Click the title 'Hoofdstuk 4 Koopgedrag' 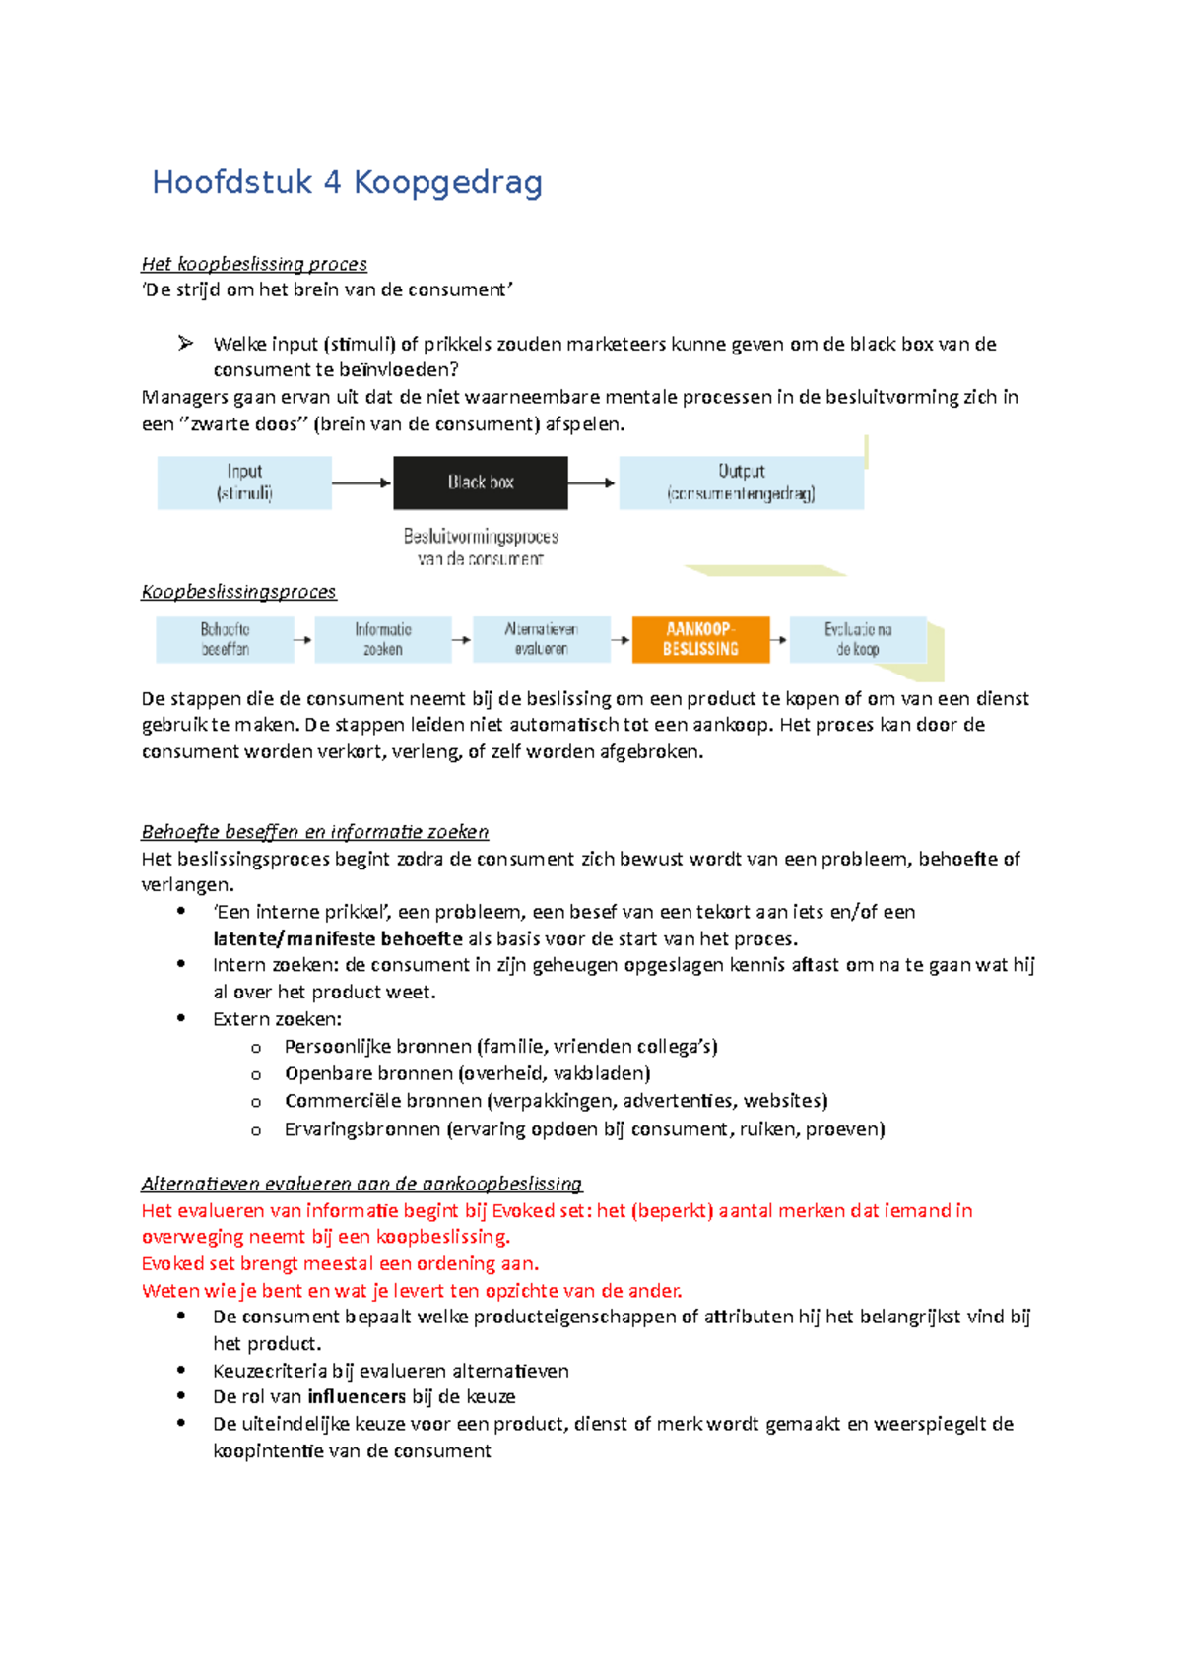click(347, 183)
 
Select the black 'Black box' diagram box click(481, 482)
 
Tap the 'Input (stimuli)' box click(244, 482)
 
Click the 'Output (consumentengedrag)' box click(741, 482)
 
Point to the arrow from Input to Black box click(361, 482)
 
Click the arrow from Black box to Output click(592, 482)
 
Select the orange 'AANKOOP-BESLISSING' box click(700, 639)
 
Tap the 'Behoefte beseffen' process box click(225, 639)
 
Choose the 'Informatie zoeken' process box click(383, 639)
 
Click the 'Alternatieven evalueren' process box click(541, 639)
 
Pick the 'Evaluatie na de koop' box click(858, 639)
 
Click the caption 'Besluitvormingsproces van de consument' click(481, 547)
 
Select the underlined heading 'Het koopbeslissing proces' click(254, 264)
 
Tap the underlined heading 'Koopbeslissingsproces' click(238, 592)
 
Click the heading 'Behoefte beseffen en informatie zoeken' click(315, 832)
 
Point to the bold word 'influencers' click(357, 1396)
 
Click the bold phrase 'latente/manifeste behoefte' click(338, 938)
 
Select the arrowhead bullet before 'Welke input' click(185, 344)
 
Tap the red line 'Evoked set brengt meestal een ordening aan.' click(340, 1263)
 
